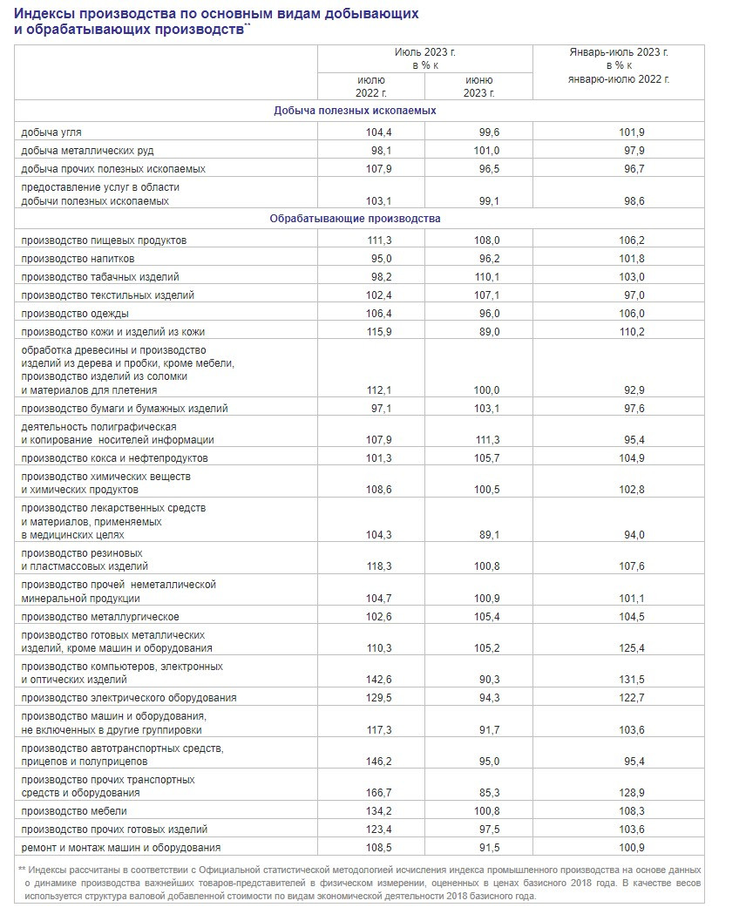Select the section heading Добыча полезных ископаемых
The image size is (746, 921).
355,112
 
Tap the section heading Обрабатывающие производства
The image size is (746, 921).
355,219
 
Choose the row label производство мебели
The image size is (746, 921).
75,811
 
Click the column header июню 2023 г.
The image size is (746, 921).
478,86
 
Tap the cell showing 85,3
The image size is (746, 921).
478,793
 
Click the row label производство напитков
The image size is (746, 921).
78,259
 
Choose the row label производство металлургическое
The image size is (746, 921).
99,617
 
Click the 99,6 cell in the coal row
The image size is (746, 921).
478,132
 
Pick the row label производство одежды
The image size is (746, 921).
75,314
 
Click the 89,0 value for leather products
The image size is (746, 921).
478,332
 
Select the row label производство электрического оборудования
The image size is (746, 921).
128,698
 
